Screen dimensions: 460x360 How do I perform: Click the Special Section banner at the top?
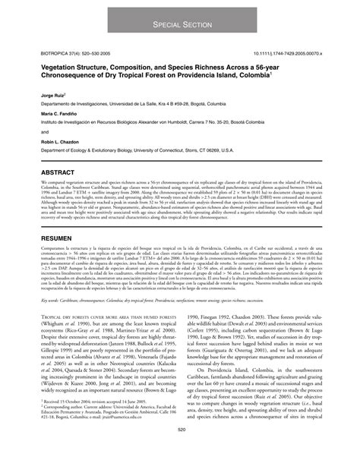(180, 25)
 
